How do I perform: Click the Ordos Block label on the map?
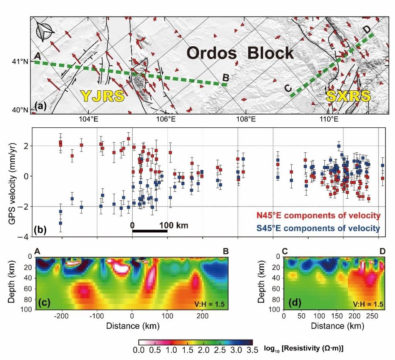click(240, 53)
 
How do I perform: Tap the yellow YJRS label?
click(103, 96)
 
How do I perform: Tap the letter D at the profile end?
click(367, 29)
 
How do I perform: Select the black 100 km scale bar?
click(150, 231)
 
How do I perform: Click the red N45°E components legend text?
click(318, 216)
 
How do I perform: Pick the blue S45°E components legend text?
click(318, 228)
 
